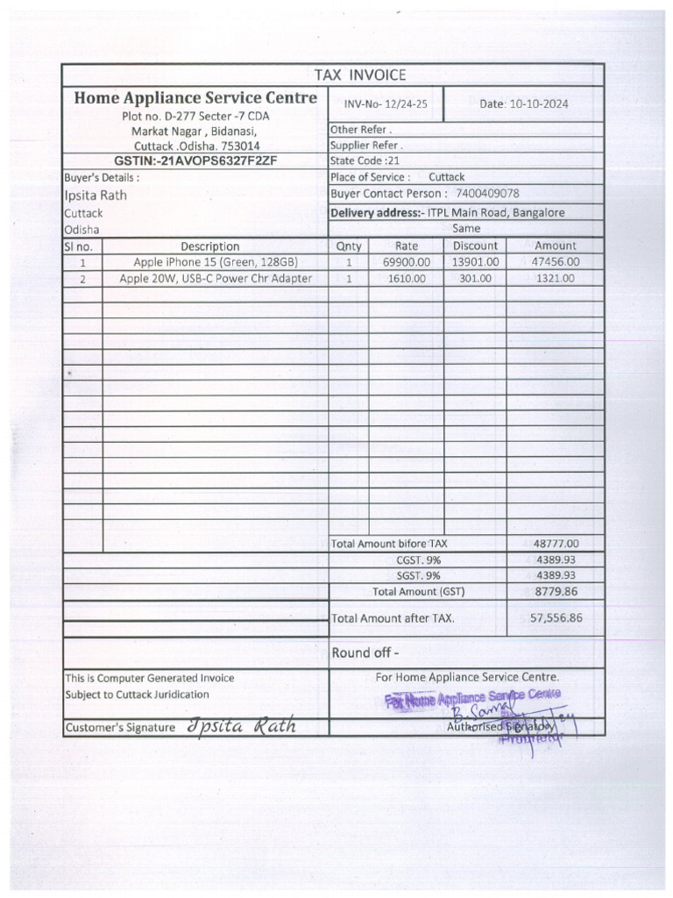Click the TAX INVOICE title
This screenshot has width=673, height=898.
tap(359, 75)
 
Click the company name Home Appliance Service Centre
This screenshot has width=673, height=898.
tap(195, 98)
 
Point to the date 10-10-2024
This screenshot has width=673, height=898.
tap(535, 103)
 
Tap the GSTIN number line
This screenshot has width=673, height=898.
tap(195, 161)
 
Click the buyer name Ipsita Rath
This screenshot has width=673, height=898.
tap(96, 195)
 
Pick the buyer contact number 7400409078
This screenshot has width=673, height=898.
tap(488, 193)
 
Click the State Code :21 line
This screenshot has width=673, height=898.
tap(365, 161)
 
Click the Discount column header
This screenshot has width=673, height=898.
tap(475, 246)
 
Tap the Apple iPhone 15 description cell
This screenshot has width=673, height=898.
tap(216, 262)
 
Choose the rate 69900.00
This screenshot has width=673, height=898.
tap(407, 262)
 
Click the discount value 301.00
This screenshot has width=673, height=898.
tap(475, 279)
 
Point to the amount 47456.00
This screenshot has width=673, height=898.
tap(556, 262)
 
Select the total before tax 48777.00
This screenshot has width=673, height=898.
tap(556, 544)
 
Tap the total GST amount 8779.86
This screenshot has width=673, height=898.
tap(556, 592)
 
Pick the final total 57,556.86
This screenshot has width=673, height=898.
tap(556, 618)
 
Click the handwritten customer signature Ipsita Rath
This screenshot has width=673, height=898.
tap(241, 726)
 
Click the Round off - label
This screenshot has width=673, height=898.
tap(365, 652)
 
